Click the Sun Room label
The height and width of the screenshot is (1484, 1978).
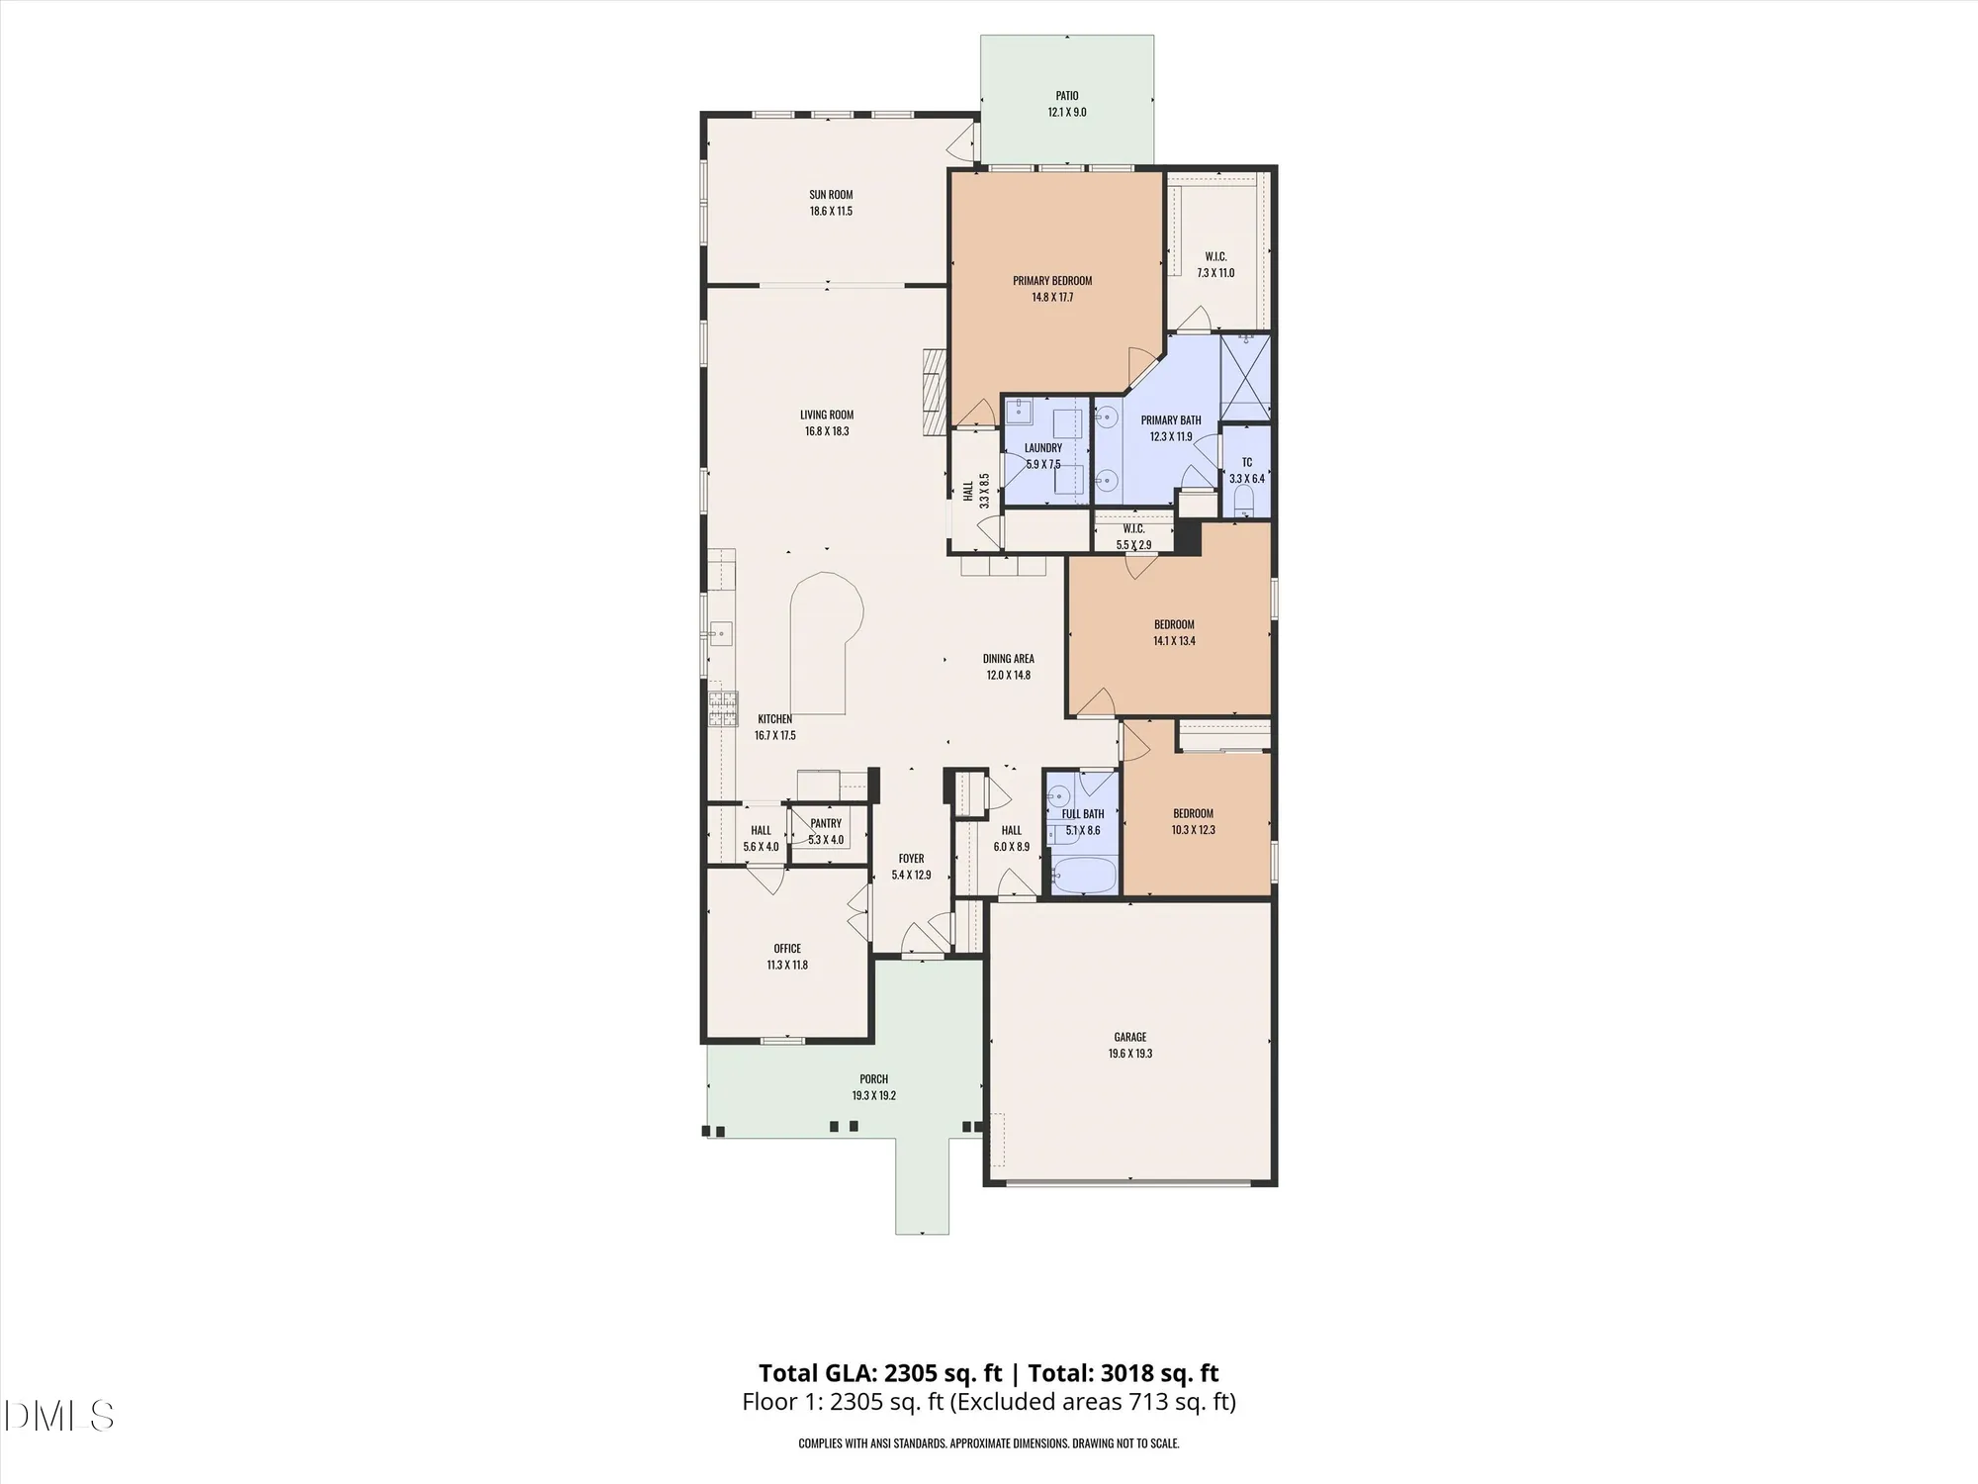[x=831, y=195]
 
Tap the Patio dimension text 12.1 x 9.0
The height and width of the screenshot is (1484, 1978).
[x=1066, y=113]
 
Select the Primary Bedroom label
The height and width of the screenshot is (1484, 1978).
[x=1052, y=281]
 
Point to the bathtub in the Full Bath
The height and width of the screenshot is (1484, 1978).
[x=1084, y=878]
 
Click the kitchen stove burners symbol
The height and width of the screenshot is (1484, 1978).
[x=722, y=708]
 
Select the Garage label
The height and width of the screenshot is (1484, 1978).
[x=1130, y=1037]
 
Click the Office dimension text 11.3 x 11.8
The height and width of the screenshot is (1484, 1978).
[x=787, y=966]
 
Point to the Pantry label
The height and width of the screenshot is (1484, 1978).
[x=826, y=823]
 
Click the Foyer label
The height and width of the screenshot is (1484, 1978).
[x=911, y=859]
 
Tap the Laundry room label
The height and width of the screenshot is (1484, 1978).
[x=1043, y=448]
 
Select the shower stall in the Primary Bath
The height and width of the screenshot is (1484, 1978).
[x=1245, y=377]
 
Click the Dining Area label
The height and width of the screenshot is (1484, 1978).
[x=1008, y=659]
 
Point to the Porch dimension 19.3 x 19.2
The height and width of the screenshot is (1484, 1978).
[x=873, y=1096]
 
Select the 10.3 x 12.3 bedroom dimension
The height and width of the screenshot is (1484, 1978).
[x=1193, y=830]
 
